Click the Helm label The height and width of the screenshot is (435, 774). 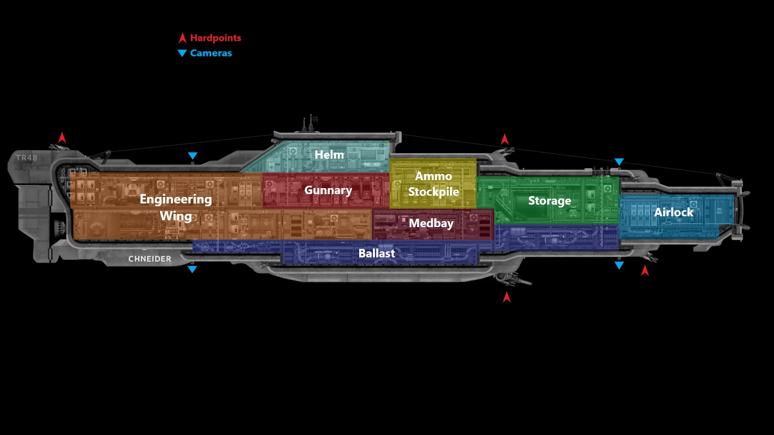[329, 155]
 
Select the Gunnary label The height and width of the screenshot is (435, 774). [328, 190]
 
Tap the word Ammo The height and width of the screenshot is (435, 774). [433, 176]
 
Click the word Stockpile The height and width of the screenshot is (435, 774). [433, 192]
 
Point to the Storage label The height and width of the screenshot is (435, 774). [549, 201]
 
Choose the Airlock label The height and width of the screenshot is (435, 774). [674, 212]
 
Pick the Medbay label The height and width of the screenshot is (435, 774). [431, 223]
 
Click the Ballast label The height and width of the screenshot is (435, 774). [377, 253]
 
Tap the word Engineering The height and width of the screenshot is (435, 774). [176, 199]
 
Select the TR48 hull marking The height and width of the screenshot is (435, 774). [27, 158]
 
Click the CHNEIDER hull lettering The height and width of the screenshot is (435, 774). [150, 259]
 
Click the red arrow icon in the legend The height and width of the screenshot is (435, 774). [183, 38]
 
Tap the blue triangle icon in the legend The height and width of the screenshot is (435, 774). [182, 53]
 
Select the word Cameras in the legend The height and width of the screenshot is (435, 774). [211, 53]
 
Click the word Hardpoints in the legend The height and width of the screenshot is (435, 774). [216, 38]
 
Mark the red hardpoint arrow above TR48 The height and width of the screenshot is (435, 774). [62, 138]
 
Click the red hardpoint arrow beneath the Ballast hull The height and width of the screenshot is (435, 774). [507, 297]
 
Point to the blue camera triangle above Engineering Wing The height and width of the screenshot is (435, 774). [193, 156]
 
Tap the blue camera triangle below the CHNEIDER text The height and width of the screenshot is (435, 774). [192, 269]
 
